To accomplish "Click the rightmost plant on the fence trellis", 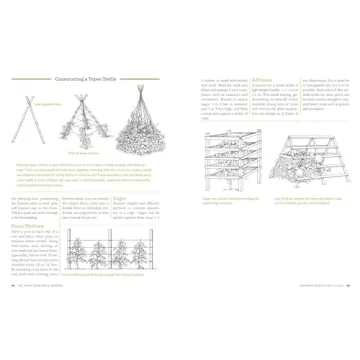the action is pos(145,257).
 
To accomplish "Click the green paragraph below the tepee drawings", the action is pos(90,179).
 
